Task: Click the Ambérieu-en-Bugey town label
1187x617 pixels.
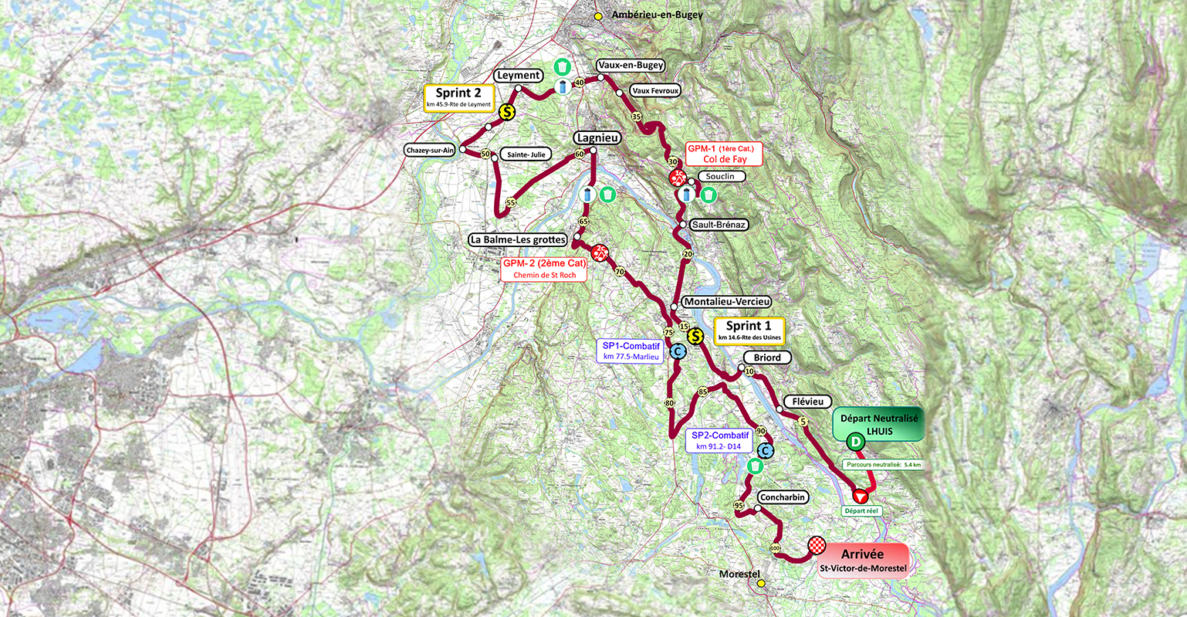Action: click(657, 15)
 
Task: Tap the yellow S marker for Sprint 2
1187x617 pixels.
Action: click(507, 112)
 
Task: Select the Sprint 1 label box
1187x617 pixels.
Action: click(749, 330)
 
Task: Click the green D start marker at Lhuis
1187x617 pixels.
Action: click(855, 442)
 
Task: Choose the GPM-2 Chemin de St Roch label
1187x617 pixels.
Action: click(544, 268)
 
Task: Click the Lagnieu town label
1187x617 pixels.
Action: click(597, 137)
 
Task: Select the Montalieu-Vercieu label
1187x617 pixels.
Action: click(726, 302)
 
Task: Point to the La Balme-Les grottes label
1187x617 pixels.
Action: click(518, 239)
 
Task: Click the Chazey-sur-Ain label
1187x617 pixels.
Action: click(429, 150)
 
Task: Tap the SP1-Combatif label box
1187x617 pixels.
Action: click(631, 351)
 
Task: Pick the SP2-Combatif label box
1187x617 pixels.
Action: click(719, 440)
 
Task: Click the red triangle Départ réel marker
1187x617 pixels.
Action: click(859, 496)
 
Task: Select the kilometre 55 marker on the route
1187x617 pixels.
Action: click(510, 202)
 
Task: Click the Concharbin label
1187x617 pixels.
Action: click(783, 497)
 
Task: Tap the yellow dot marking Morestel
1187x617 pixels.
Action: click(761, 584)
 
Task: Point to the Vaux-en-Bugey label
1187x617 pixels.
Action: click(631, 66)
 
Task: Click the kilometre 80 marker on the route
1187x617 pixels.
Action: click(669, 404)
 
